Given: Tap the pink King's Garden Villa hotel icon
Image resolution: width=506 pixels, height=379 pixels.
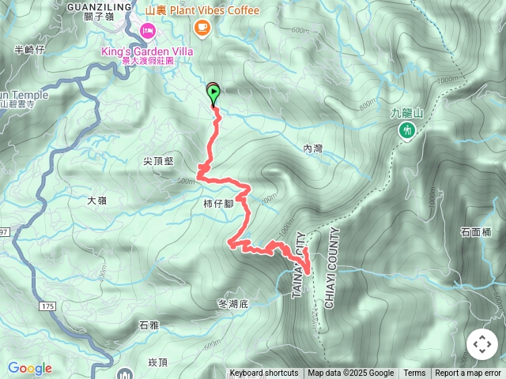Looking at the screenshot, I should (147, 30).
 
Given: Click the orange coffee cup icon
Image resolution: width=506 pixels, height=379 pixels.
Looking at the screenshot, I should (202, 28).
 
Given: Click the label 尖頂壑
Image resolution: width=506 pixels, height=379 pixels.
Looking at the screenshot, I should (158, 160).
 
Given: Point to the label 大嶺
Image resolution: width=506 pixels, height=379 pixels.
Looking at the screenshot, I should (97, 201).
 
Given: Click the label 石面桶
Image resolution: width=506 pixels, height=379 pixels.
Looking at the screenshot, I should (475, 232).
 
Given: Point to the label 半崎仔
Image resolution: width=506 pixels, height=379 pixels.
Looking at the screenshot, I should (30, 50).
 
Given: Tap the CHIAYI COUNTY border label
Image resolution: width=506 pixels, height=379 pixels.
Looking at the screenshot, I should (330, 268).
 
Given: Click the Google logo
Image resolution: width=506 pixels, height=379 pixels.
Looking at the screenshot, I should (29, 368).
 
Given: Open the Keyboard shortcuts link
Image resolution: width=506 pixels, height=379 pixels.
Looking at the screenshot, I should (264, 373).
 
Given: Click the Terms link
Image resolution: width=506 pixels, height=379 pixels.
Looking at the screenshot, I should (414, 373).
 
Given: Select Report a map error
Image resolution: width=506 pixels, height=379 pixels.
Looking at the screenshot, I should (468, 373).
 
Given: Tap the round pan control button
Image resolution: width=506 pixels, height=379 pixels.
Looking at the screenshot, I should (481, 344).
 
